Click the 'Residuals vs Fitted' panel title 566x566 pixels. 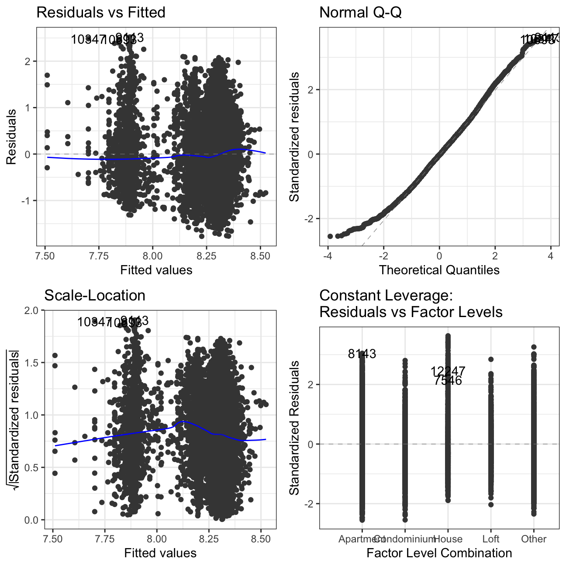point(100,12)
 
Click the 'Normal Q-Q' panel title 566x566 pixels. point(360,12)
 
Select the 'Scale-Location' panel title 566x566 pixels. point(95,296)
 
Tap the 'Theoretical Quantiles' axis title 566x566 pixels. point(439,270)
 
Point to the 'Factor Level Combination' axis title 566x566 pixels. point(439,553)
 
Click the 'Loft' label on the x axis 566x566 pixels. point(491,539)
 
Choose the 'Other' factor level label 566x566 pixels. point(534,539)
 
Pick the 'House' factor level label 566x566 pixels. point(448,539)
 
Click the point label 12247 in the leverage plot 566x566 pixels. point(448,371)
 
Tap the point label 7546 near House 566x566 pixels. point(448,381)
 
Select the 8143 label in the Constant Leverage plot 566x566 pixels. point(362,354)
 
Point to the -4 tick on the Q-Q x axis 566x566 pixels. point(328,255)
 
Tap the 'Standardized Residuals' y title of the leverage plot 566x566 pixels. point(295,428)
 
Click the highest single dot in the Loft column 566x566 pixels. point(491,359)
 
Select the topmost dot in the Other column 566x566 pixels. point(534,347)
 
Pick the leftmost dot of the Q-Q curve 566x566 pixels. point(330,236)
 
